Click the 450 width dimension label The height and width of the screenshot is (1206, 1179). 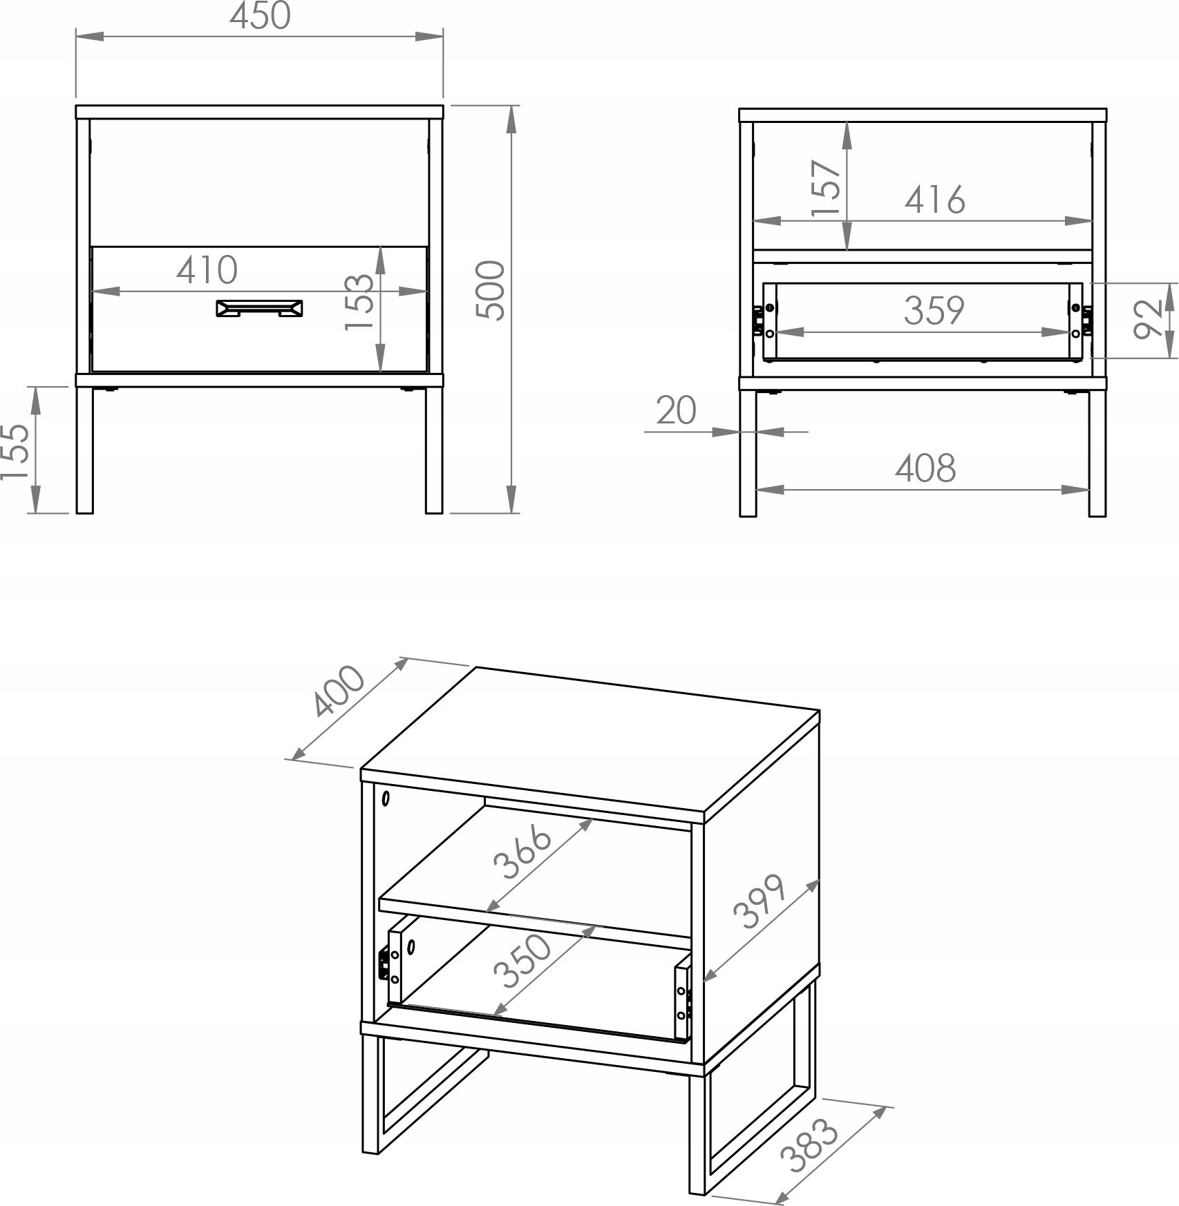click(260, 17)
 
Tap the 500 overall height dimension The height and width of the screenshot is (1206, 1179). click(491, 290)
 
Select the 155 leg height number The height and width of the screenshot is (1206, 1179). click(15, 451)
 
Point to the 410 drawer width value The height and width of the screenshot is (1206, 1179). click(207, 270)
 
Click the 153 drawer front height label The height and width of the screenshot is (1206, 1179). click(359, 303)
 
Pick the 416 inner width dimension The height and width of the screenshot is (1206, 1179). click(934, 200)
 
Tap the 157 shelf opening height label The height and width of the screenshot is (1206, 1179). click(827, 189)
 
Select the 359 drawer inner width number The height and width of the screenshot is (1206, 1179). click(934, 311)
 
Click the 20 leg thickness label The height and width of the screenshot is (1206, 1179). click(676, 411)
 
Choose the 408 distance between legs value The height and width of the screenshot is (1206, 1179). click(925, 468)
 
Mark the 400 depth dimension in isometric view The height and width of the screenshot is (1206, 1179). click(338, 691)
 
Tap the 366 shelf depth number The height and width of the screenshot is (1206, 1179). click(522, 854)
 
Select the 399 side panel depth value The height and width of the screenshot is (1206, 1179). click(760, 901)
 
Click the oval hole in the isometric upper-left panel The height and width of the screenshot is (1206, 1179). click(386, 798)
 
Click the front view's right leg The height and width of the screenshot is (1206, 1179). click(434, 450)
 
